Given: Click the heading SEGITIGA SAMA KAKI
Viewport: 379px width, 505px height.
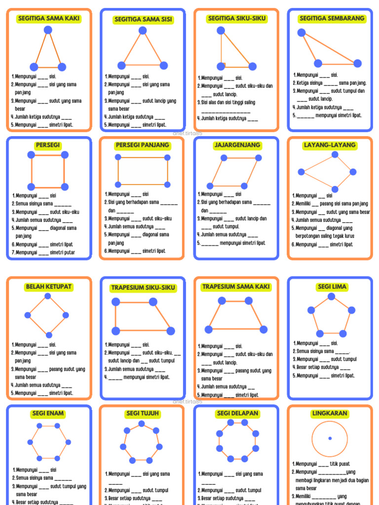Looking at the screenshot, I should click(48, 19).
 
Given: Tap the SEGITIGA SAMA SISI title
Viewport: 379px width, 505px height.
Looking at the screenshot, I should click(143, 20).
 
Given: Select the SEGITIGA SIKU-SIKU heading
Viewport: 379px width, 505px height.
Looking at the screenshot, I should click(237, 19).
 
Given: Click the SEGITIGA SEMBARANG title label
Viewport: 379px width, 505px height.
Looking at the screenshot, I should click(332, 19).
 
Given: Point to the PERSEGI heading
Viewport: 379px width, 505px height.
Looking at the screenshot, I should click(48, 145).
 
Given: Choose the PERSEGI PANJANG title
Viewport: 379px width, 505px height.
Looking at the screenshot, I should click(142, 145).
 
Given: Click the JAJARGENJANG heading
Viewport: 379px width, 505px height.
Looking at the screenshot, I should click(237, 145).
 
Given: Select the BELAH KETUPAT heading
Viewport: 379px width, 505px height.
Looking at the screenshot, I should click(48, 287).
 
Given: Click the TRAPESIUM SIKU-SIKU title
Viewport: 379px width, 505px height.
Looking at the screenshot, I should click(143, 288).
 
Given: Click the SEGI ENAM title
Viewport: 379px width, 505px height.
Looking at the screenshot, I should click(48, 413).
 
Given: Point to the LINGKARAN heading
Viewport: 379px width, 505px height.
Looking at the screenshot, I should click(330, 413).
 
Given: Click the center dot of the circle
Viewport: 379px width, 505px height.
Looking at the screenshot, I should click(330, 438).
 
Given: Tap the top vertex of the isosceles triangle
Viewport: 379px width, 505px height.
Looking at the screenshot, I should click(48, 30).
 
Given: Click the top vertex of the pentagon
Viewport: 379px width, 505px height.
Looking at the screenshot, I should click(332, 296).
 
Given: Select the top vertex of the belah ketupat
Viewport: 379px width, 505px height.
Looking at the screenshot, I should click(48, 296).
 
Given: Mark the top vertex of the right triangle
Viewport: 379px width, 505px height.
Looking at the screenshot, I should click(221, 31).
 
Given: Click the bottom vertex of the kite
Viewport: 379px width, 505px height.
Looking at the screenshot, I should click(335, 189).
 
